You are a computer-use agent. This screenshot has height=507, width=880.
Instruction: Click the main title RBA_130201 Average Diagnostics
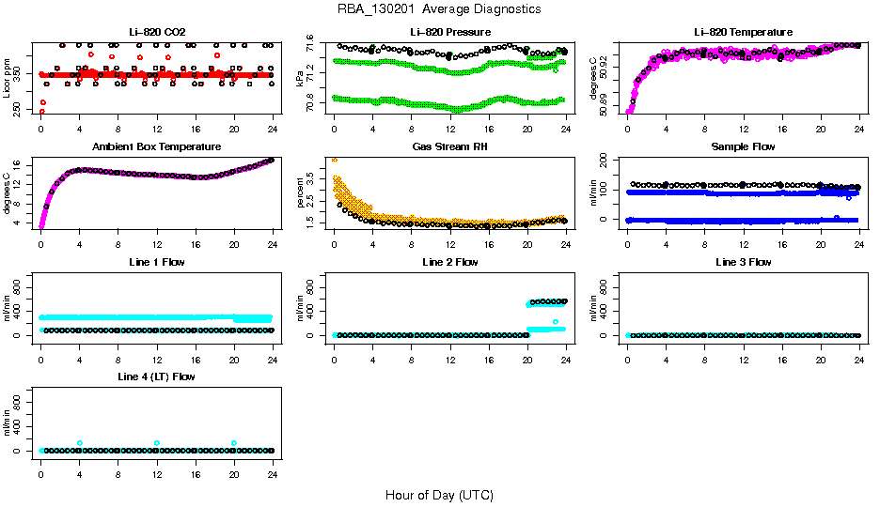coord(439,9)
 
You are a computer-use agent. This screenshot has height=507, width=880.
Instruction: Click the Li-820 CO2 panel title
coord(157,32)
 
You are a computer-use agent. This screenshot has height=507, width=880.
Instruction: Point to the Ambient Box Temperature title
coord(157,147)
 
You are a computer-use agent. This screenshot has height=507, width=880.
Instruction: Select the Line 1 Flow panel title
coord(157,262)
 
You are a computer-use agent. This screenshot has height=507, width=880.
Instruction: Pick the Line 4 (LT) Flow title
coord(157,376)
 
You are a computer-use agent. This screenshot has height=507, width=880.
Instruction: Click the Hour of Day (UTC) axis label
coord(439,495)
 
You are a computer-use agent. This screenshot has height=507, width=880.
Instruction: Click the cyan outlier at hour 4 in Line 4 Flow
coord(80,443)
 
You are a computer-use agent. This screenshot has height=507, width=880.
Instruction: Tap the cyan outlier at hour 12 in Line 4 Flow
coord(157,443)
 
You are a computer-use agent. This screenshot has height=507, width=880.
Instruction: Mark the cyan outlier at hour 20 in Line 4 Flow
coord(234,443)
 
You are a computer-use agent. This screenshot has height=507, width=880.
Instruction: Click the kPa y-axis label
coord(300,79)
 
